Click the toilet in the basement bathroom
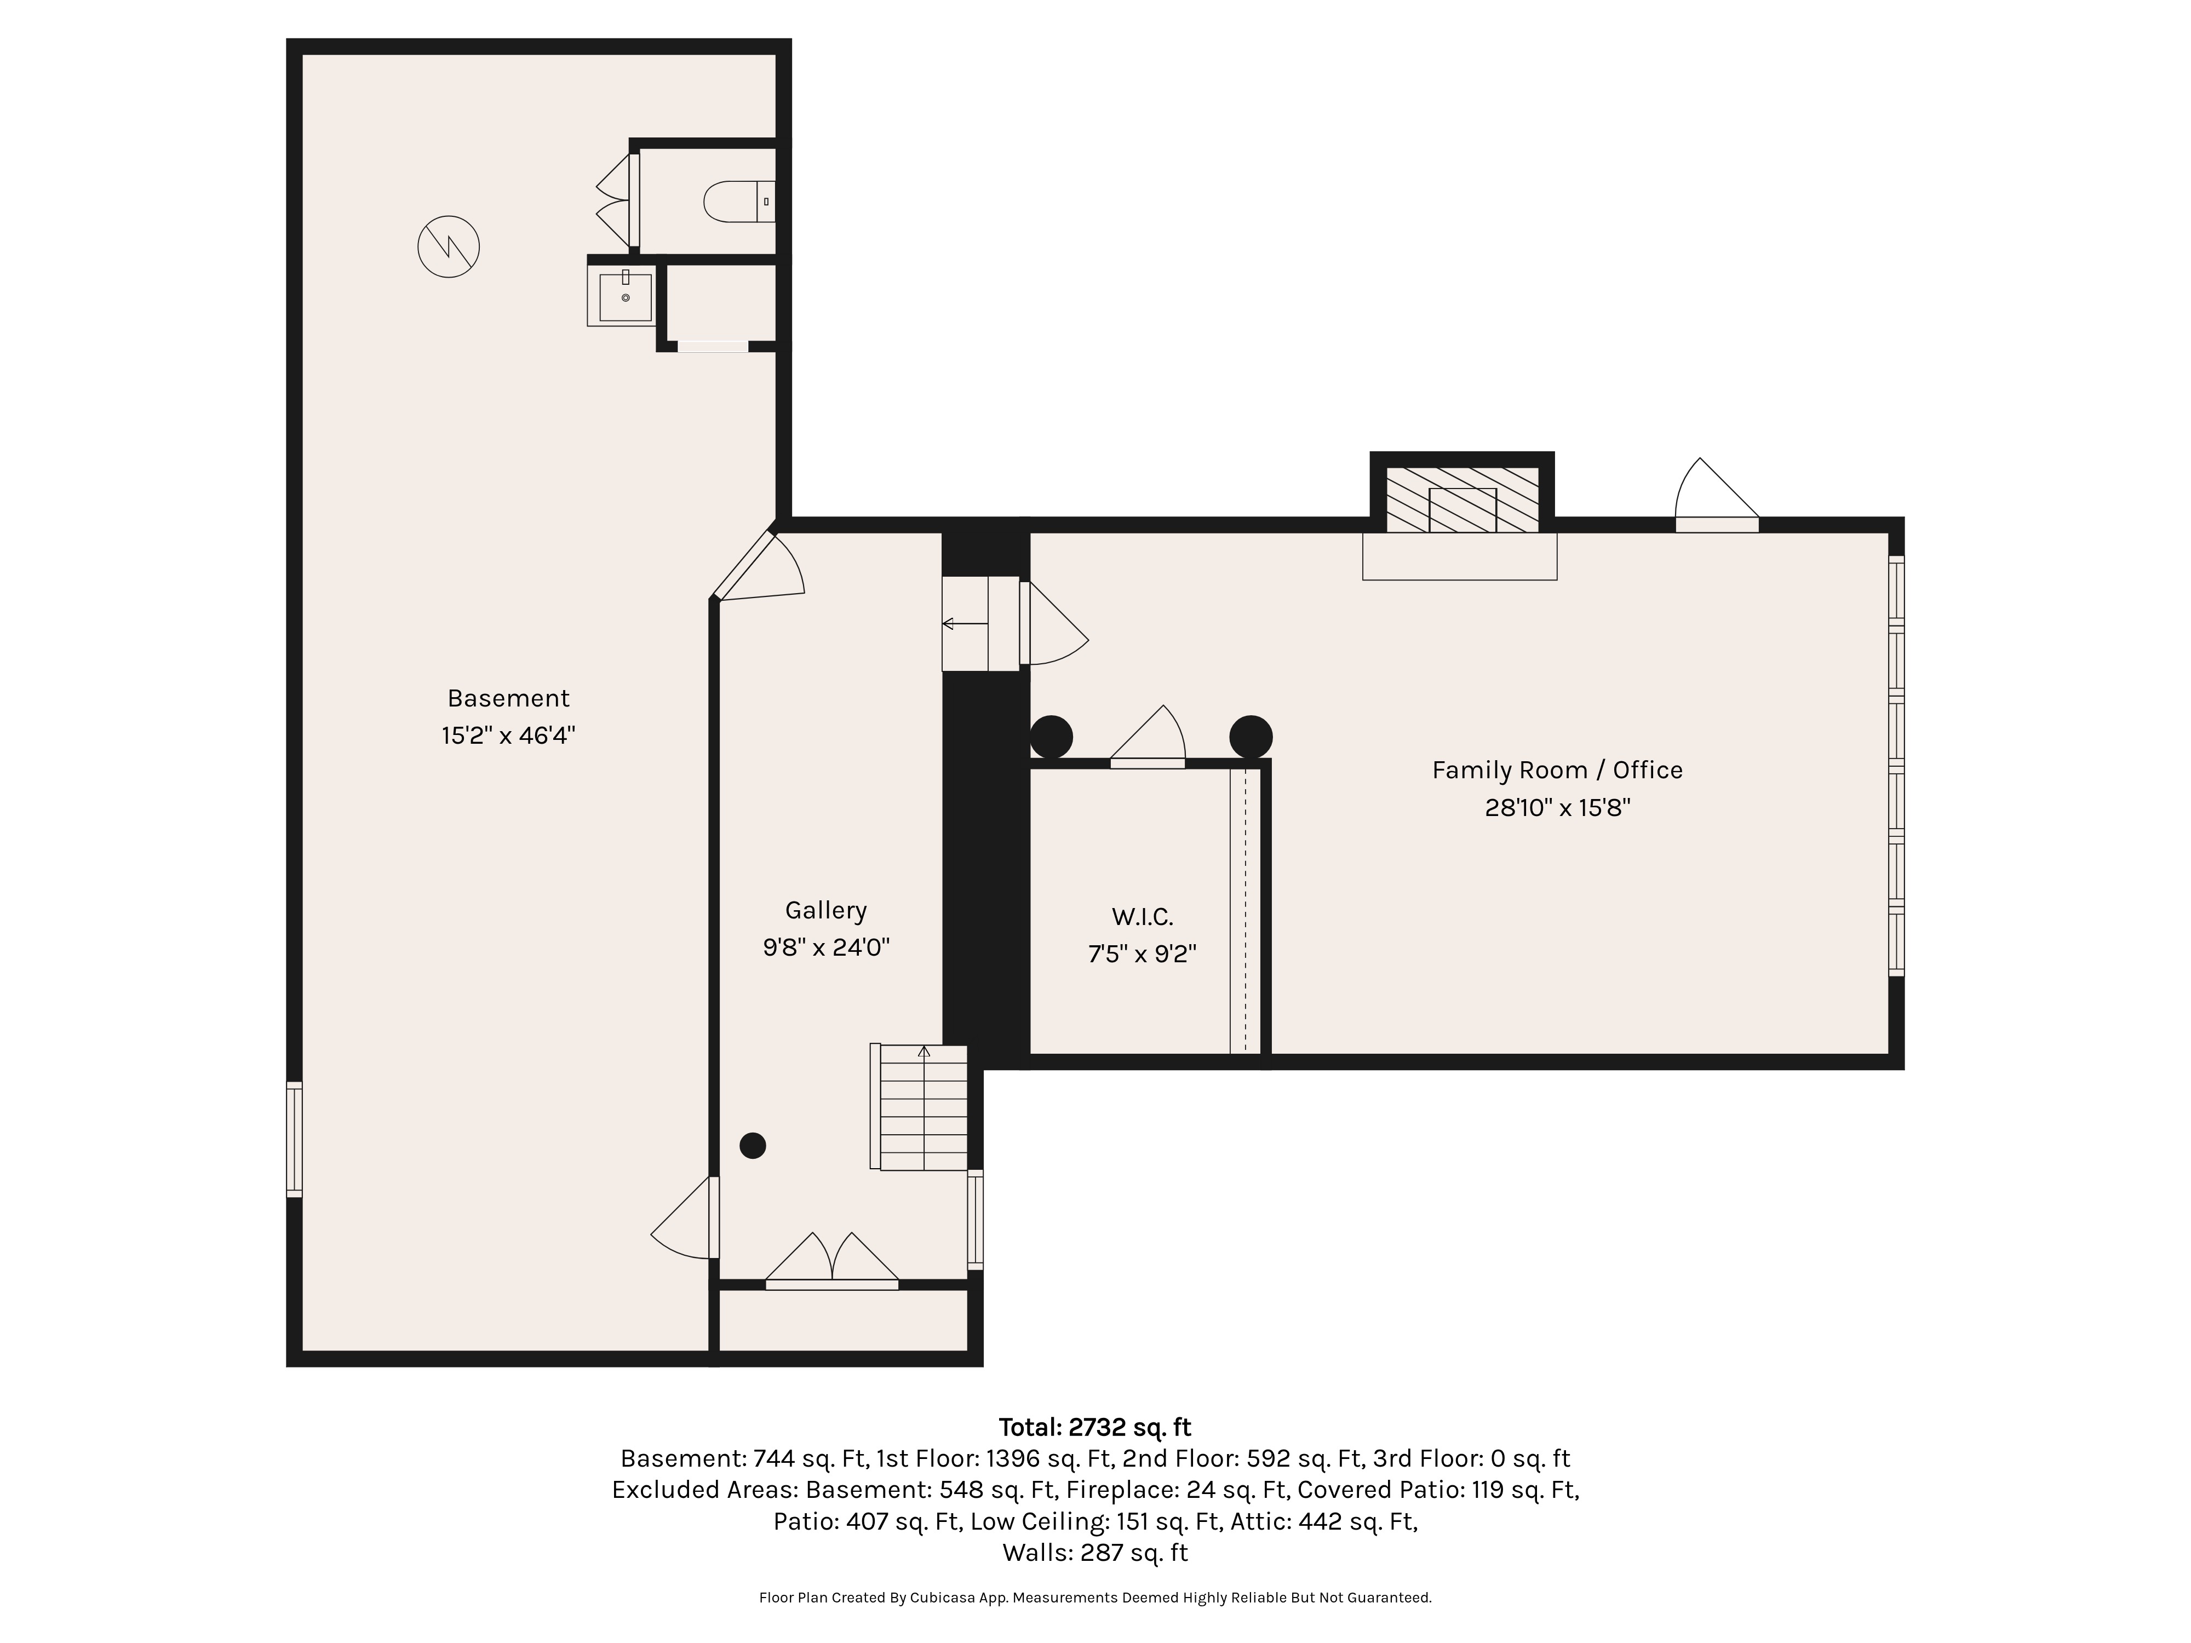coord(739,202)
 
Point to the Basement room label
coord(508,698)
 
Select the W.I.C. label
coord(1142,917)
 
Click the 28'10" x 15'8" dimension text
coord(1557,808)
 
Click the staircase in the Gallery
coord(918,1107)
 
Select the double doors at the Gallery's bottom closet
coord(832,1260)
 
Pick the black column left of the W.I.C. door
coord(1051,737)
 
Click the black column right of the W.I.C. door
coord(1251,737)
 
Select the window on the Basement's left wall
coord(294,1140)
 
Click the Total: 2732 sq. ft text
coord(1094,1427)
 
